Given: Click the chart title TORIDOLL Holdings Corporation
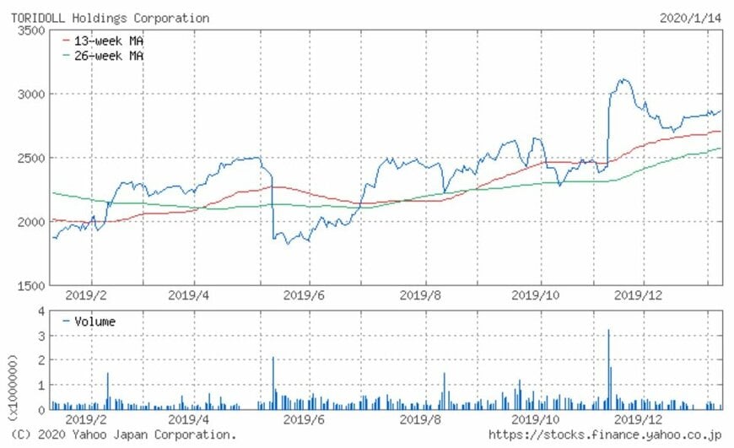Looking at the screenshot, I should pyautogui.click(x=110, y=18).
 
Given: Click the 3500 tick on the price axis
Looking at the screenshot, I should pyautogui.click(x=31, y=30).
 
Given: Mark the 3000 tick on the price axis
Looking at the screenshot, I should pyautogui.click(x=31, y=94).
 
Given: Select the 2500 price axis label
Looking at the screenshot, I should pyautogui.click(x=31, y=158).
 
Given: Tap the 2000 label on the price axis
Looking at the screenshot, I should pyautogui.click(x=31, y=221).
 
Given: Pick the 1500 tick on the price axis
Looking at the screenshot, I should pyautogui.click(x=31, y=285).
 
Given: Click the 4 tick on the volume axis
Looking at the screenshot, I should pyautogui.click(x=40, y=311).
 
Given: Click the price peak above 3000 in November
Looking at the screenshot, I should pyautogui.click(x=623, y=80).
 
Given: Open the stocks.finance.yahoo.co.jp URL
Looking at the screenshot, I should pyautogui.click(x=604, y=435).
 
